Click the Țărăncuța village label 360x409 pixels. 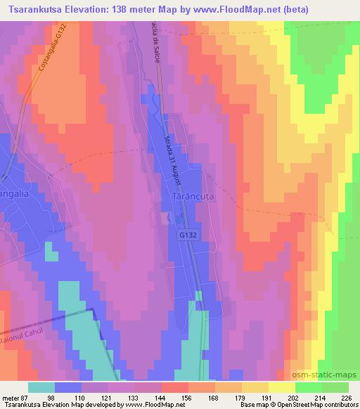193,199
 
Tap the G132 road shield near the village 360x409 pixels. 188,236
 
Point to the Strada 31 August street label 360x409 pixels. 174,160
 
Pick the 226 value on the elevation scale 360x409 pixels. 347,397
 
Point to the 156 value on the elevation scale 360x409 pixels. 188,397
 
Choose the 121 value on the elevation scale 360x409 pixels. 108,397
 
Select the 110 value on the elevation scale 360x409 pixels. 81,397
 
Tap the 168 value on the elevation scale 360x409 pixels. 214,397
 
